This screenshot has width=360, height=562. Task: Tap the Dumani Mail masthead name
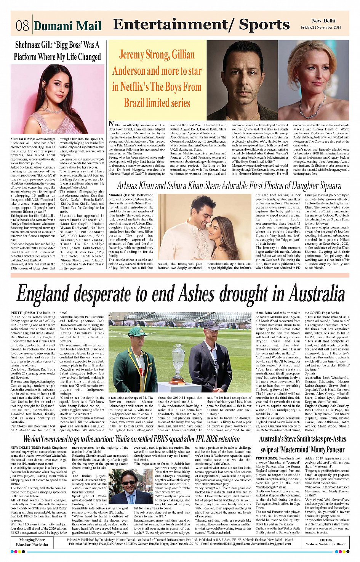[x=68, y=26]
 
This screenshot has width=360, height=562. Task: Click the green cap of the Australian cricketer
[x=138, y=332]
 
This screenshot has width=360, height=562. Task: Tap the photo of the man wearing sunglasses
[x=130, y=487]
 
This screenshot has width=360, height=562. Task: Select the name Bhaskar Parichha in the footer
[x=32, y=544]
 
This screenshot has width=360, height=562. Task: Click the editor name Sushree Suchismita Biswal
[x=326, y=544]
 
